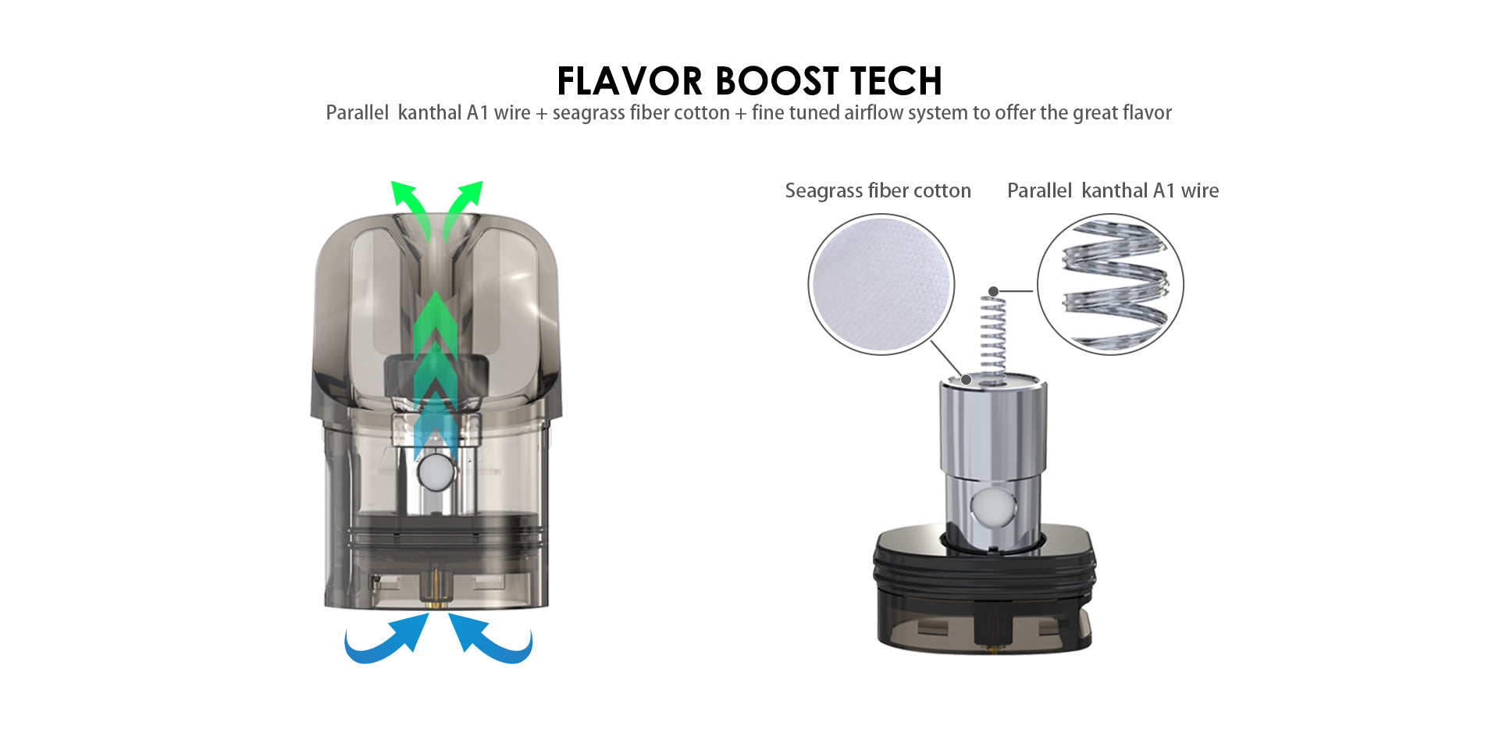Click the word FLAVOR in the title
(x=630, y=81)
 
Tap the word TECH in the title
(x=896, y=81)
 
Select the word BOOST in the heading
(x=777, y=81)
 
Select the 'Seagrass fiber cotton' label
(x=878, y=190)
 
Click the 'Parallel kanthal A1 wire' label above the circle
(x=1113, y=190)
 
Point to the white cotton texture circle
(x=881, y=284)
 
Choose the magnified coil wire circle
(x=1110, y=284)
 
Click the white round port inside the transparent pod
(x=435, y=472)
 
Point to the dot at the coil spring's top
(x=993, y=291)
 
